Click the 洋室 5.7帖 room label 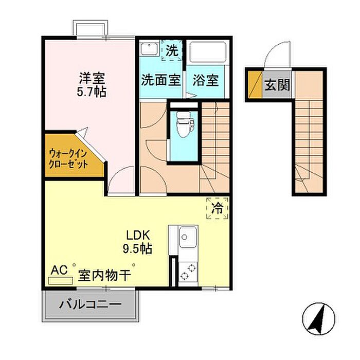coord(92,85)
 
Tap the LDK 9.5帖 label coord(137,242)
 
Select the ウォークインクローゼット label coord(68,158)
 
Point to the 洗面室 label coord(160,80)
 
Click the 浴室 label coord(206,80)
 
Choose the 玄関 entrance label coord(277,85)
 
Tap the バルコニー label coord(90,304)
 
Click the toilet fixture coord(184,124)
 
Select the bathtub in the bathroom coord(208,52)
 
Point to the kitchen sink coord(188,237)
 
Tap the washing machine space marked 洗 coord(172,50)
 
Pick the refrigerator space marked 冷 coord(217,208)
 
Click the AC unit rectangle coord(61,281)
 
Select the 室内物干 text coord(105,275)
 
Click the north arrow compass coord(319,319)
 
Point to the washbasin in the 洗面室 coord(149,49)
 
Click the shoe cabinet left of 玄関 coord(255,85)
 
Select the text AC coord(59,270)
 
